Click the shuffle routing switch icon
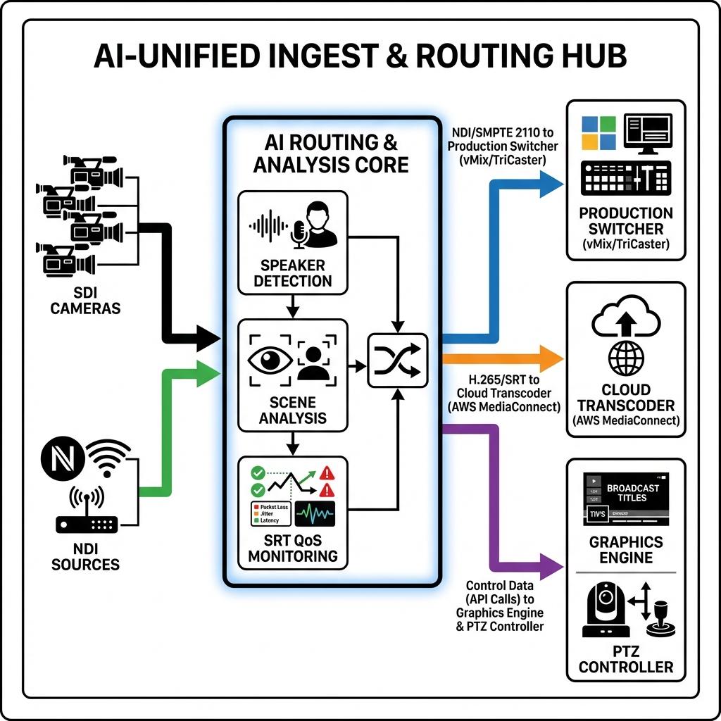[x=398, y=360]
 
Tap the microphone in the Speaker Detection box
[x=299, y=233]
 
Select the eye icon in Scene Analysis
[x=270, y=360]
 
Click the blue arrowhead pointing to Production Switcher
[x=551, y=182]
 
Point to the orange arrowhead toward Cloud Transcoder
[x=551, y=358]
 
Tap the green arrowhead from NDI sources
[x=208, y=373]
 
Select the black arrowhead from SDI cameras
[x=208, y=338]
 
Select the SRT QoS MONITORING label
[x=293, y=548]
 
